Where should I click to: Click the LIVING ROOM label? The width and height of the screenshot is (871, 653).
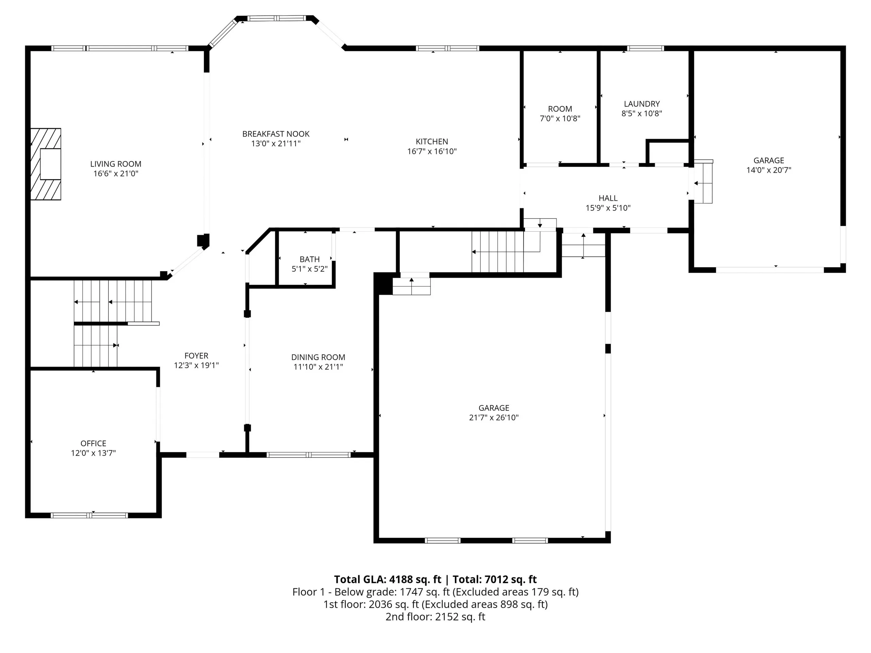(116, 164)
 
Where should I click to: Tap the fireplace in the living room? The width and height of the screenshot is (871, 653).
(46, 164)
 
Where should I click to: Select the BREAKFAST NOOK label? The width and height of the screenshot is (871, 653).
(276, 134)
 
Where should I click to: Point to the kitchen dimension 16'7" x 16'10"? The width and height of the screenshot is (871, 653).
(432, 151)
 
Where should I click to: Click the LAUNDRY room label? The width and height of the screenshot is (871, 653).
(642, 104)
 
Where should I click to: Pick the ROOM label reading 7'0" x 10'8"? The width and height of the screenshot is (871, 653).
(560, 109)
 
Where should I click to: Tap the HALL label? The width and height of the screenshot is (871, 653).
(608, 198)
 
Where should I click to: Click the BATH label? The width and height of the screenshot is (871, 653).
(310, 259)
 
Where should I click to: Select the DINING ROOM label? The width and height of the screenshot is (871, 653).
(318, 357)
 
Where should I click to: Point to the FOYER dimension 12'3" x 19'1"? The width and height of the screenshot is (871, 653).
(197, 365)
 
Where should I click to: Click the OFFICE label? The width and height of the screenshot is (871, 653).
(93, 443)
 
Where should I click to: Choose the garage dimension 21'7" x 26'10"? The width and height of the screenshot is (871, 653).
(494, 417)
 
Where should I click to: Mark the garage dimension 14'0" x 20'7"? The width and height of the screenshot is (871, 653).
(769, 170)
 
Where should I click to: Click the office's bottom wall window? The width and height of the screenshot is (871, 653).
(89, 515)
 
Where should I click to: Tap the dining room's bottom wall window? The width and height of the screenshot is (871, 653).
(309, 455)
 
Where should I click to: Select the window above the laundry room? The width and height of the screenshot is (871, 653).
(645, 48)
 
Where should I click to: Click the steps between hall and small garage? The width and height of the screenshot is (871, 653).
(703, 182)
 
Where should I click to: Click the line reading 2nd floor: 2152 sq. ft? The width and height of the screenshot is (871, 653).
(435, 616)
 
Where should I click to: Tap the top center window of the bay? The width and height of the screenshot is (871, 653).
(276, 18)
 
